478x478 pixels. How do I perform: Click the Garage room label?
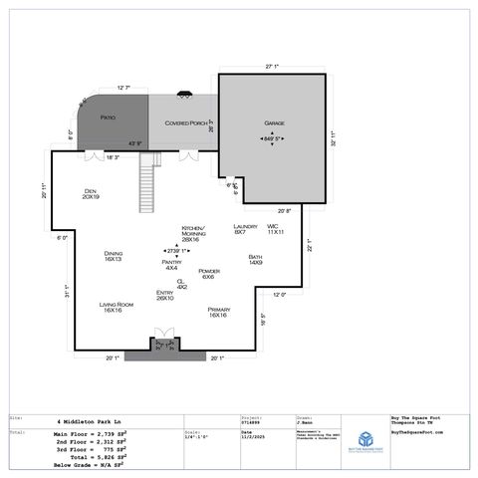click(x=275, y=123)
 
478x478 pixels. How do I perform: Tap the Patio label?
click(x=109, y=118)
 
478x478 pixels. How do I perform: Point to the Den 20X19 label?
click(x=90, y=193)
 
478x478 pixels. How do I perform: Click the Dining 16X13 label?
click(x=113, y=256)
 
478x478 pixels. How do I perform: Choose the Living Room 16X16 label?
click(x=116, y=307)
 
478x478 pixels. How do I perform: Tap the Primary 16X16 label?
click(x=219, y=313)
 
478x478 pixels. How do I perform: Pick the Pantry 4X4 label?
click(x=171, y=264)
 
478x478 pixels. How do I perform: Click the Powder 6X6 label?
click(x=209, y=273)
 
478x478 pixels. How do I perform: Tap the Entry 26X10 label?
click(x=164, y=295)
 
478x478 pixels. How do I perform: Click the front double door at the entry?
click(x=163, y=339)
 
